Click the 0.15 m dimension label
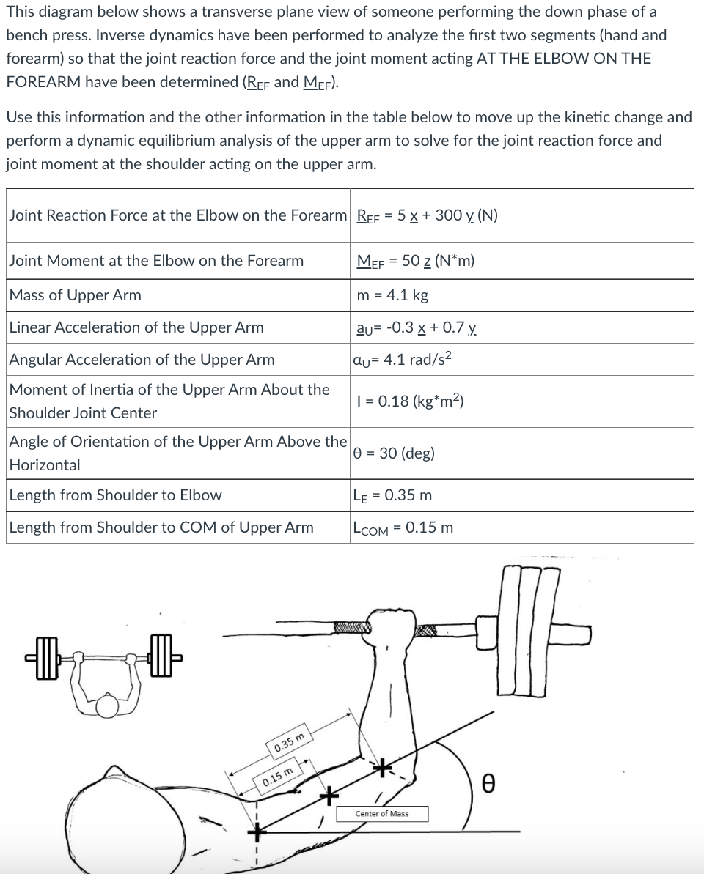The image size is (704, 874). [x=279, y=776]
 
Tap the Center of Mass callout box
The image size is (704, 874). [x=382, y=813]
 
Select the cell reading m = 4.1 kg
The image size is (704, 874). [x=392, y=295]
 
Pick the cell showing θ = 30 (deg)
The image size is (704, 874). [x=394, y=453]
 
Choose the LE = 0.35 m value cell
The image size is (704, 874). [x=392, y=495]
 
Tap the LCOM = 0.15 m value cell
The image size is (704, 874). [x=403, y=527]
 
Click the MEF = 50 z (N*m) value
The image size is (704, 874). [x=415, y=261]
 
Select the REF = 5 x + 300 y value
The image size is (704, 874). [x=427, y=215]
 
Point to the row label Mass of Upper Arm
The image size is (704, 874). [x=76, y=295]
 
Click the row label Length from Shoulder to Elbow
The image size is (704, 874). [x=115, y=495]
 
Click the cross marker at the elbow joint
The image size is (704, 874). [x=381, y=767]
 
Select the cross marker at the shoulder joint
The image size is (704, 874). [x=257, y=832]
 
